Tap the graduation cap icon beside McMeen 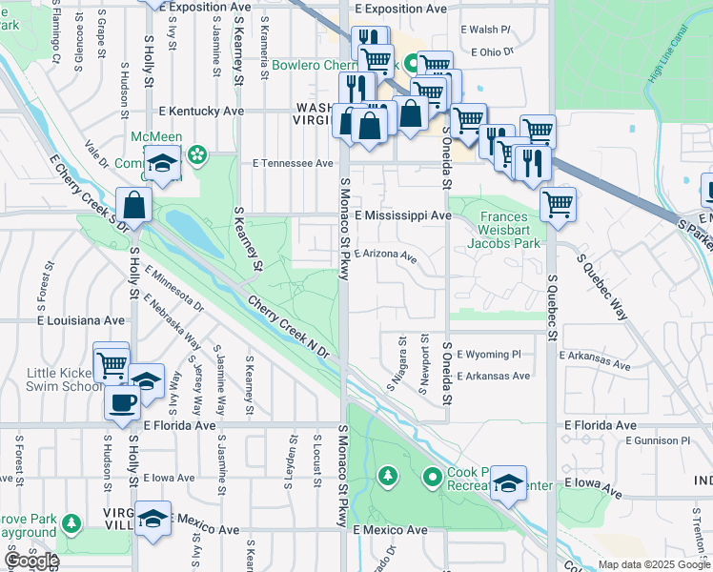pos(162,164)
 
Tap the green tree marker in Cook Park pos(387,475)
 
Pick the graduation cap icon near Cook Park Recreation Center pos(509,483)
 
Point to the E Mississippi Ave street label pos(403,216)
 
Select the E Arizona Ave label pos(386,255)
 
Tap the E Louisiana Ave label pos(81,320)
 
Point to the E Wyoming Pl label pos(489,354)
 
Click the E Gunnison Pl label pos(658,440)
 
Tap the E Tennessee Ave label pos(293,163)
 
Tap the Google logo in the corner pos(31,561)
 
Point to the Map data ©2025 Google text pos(654,564)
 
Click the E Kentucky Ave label pos(194,112)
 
